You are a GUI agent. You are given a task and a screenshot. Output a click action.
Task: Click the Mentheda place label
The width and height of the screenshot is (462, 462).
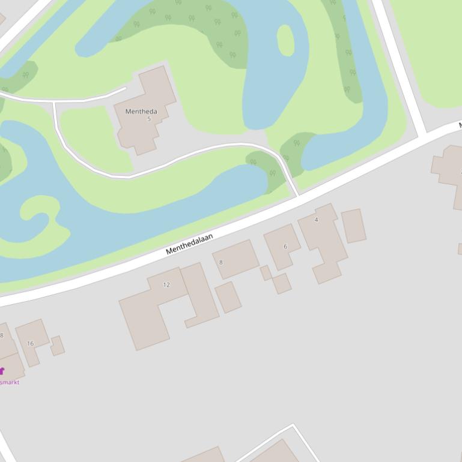coord(141,112)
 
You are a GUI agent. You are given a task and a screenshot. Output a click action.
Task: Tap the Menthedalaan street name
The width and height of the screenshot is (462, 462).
coord(189,244)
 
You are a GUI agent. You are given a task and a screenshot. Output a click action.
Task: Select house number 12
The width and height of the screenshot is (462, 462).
coord(166,284)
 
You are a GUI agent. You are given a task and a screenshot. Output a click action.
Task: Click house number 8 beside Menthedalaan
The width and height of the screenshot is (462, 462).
coord(220,262)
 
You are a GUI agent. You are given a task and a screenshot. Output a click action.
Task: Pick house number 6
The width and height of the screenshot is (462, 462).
coord(285,246)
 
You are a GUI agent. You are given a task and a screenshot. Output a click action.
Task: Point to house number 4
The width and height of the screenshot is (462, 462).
coord(316,220)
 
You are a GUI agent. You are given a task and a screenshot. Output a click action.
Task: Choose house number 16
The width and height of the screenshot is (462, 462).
coord(30,343)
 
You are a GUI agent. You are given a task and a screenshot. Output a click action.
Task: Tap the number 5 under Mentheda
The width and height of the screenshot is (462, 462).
coord(149,119)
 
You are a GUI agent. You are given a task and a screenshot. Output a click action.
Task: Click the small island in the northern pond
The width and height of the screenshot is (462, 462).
coord(285,41)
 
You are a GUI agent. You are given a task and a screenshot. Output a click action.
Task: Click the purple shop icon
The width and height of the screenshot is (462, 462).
coord(2,371)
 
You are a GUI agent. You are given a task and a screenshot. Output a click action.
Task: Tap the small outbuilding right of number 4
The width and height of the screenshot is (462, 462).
coord(353,226)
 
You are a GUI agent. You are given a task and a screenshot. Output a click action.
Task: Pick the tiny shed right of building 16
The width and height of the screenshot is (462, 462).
coord(58,346)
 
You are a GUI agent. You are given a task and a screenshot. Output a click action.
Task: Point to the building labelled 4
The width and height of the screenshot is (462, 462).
coord(324,240)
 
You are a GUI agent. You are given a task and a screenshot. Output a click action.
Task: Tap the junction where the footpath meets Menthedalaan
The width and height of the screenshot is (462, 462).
coord(297,196)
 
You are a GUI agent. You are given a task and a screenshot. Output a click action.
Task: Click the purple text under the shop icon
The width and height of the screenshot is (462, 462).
coord(10,382)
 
